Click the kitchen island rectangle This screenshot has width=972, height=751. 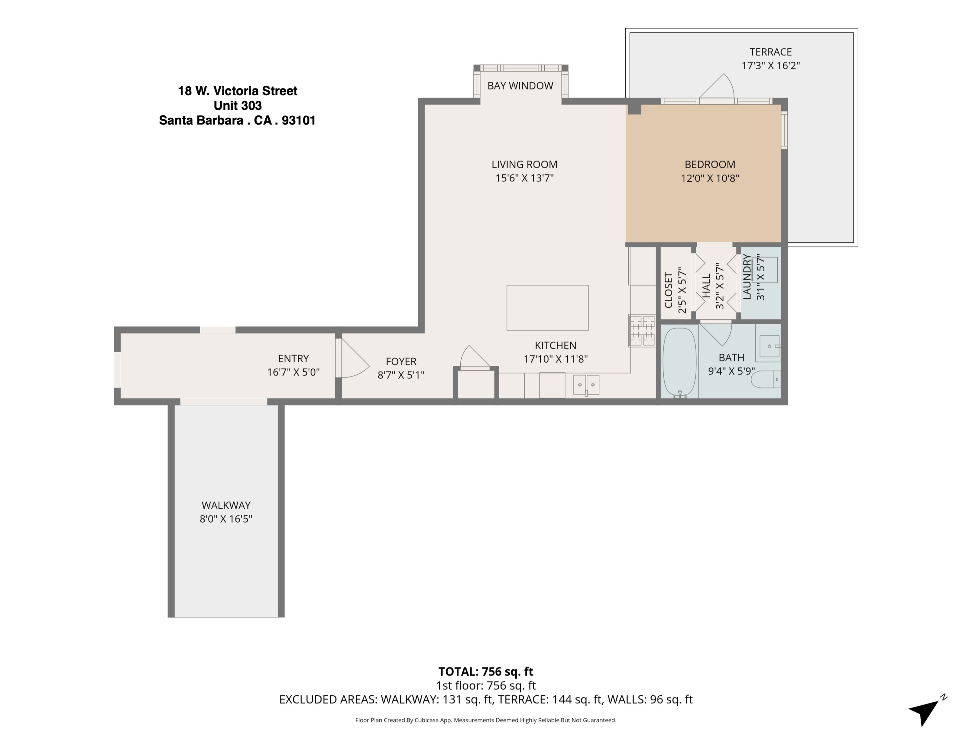tap(548, 307)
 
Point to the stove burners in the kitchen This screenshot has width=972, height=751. tap(642, 330)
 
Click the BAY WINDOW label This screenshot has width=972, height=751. tap(520, 86)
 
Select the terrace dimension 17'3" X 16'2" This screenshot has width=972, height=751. tap(770, 66)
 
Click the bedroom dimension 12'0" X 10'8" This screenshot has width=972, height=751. tap(710, 179)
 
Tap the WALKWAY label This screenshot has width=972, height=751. tap(226, 505)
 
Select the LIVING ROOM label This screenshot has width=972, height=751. tap(524, 164)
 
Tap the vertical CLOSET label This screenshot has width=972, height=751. tap(668, 290)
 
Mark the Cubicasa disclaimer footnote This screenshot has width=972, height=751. tap(486, 720)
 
